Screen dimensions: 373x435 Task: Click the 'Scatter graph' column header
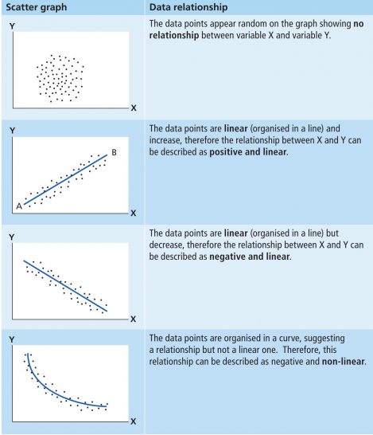[37, 7]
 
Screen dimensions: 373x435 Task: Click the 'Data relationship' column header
[188, 7]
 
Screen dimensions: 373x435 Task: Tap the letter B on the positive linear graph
[114, 152]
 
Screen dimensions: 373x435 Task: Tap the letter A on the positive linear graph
[19, 206]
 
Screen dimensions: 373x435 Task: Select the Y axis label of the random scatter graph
[12, 26]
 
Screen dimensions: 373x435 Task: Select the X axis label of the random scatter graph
[134, 108]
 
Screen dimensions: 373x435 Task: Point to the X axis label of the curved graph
[133, 421]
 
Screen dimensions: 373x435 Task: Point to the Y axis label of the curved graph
[12, 339]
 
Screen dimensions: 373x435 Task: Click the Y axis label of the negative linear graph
[12, 237]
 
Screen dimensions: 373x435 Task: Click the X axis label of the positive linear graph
[133, 213]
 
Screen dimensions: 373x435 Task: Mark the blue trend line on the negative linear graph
[65, 286]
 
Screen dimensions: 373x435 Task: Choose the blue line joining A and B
[65, 180]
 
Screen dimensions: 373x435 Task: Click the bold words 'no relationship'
[256, 29]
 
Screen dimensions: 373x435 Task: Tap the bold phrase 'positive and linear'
[248, 152]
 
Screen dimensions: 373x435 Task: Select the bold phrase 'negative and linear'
[250, 257]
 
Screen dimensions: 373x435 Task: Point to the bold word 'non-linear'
[344, 362]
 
